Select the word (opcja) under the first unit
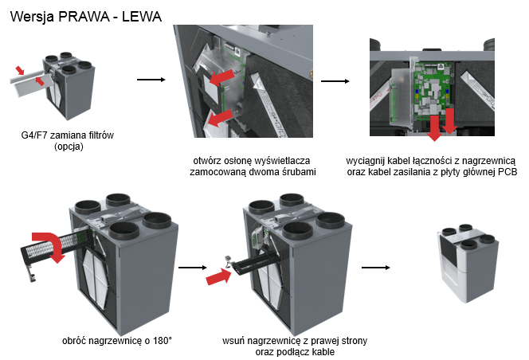point(69,147)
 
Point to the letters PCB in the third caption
point(496,171)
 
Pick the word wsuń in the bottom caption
point(233,340)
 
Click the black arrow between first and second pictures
point(151,80)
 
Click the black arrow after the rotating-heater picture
point(191,268)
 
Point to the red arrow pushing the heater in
point(217,276)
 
